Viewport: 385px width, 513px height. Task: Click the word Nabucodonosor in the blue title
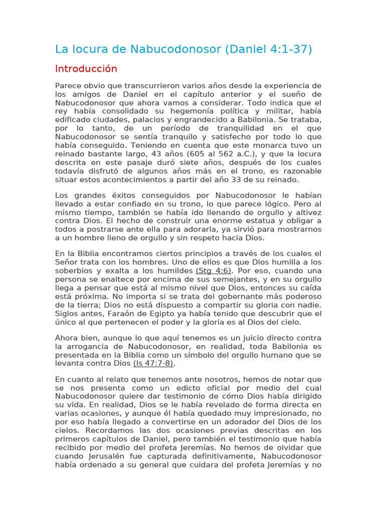[x=175, y=49]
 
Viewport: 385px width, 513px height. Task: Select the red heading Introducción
[x=86, y=69]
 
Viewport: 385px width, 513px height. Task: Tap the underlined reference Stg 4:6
[x=214, y=271]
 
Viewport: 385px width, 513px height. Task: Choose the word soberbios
[x=74, y=271]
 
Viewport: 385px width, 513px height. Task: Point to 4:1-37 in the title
[x=291, y=49]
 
